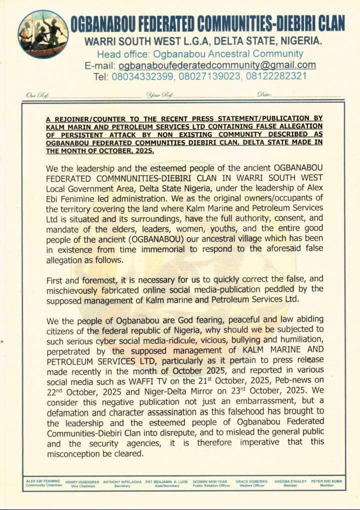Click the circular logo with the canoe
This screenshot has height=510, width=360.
pyautogui.click(x=43, y=34)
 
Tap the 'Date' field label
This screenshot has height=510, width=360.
pyautogui.click(x=264, y=94)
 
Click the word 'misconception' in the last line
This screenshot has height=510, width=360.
pyautogui.click(x=75, y=454)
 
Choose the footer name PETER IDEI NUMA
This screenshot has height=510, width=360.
pyautogui.click(x=327, y=481)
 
